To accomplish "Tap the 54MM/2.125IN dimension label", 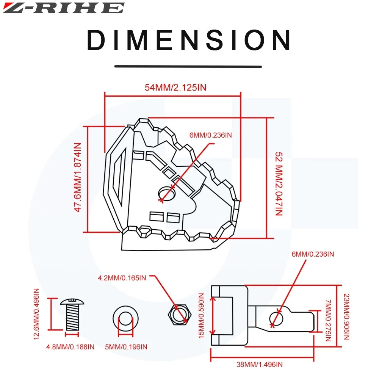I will pyautogui.click(x=175, y=88).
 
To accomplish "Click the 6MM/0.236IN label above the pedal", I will pyautogui.click(x=211, y=135).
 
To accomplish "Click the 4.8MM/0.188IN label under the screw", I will pyautogui.click(x=70, y=346).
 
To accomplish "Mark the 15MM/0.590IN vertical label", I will pyautogui.click(x=202, y=316).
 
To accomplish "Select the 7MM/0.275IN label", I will pyautogui.click(x=328, y=320).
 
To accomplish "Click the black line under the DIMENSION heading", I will pyautogui.click(x=188, y=66).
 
